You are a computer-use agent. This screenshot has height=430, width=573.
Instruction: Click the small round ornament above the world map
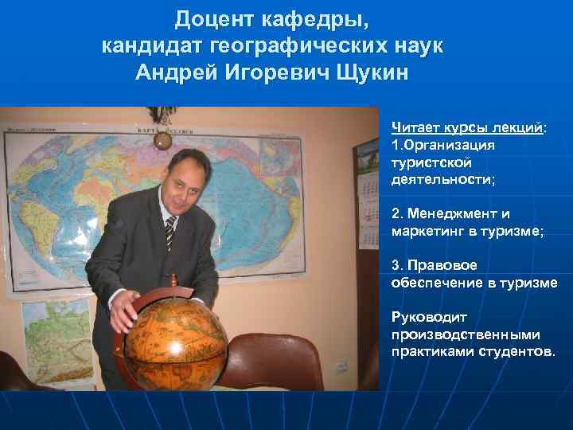click(x=163, y=140)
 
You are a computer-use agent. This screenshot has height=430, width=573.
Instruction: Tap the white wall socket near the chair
click(x=341, y=367)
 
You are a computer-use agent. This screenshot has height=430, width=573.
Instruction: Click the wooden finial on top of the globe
click(x=173, y=279)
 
